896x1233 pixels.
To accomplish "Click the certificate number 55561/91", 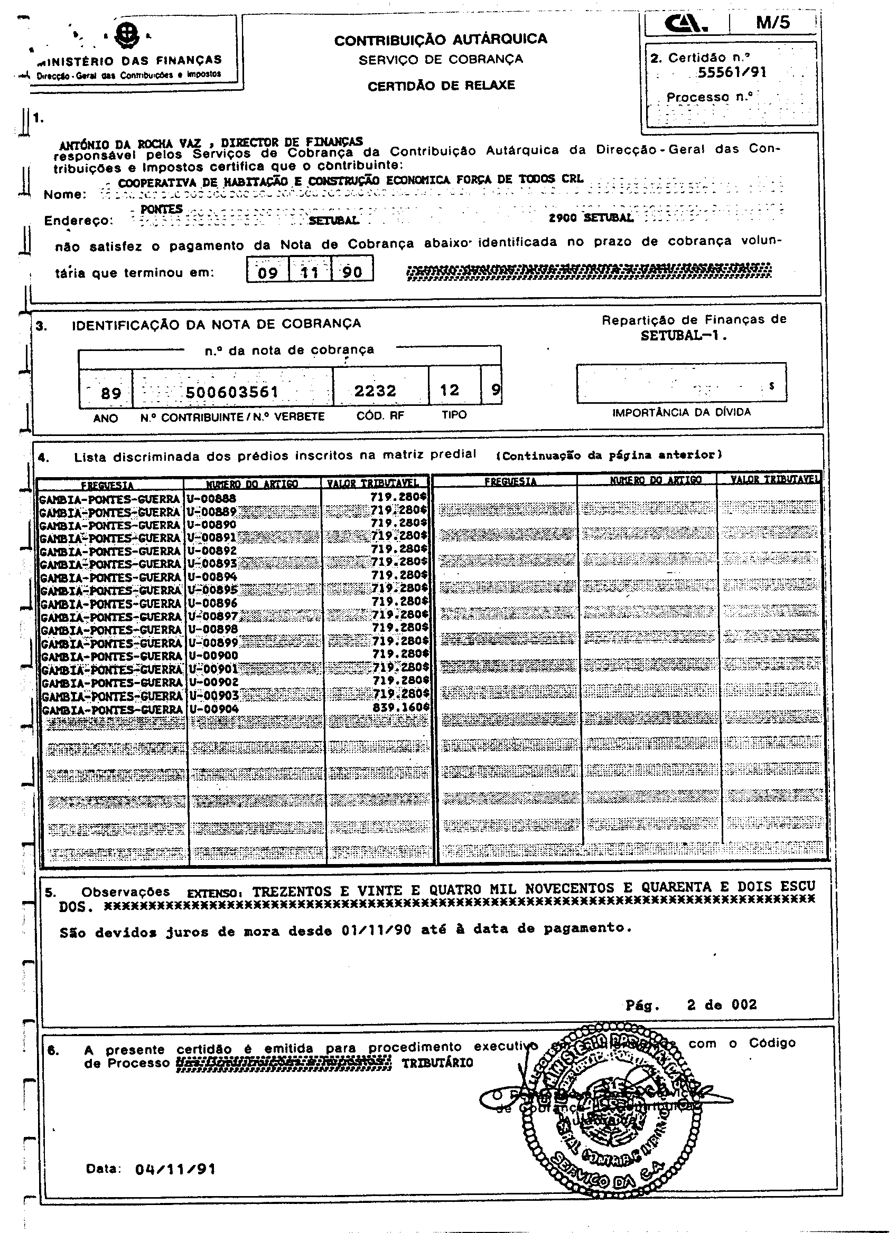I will coord(732,72).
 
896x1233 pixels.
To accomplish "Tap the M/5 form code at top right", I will coord(772,23).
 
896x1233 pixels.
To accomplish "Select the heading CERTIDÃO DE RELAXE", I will coord(441,86).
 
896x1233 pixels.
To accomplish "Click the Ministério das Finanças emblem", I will coord(129,36).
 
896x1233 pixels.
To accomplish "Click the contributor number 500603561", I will coord(232,392).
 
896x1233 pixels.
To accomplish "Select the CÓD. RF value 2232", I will coord(376,391).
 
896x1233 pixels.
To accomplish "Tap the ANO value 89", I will coord(111,393).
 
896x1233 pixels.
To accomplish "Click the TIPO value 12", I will coord(450,390).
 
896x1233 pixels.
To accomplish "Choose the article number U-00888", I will coord(212,498).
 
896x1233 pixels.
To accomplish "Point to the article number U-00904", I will coord(214,709).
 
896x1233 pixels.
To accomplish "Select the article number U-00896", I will coord(212,603).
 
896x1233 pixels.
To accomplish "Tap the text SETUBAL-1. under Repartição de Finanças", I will coord(684,335).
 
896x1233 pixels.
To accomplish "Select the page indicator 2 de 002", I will coord(721,1004).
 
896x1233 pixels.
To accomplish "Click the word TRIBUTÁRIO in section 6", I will coord(437,1063).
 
